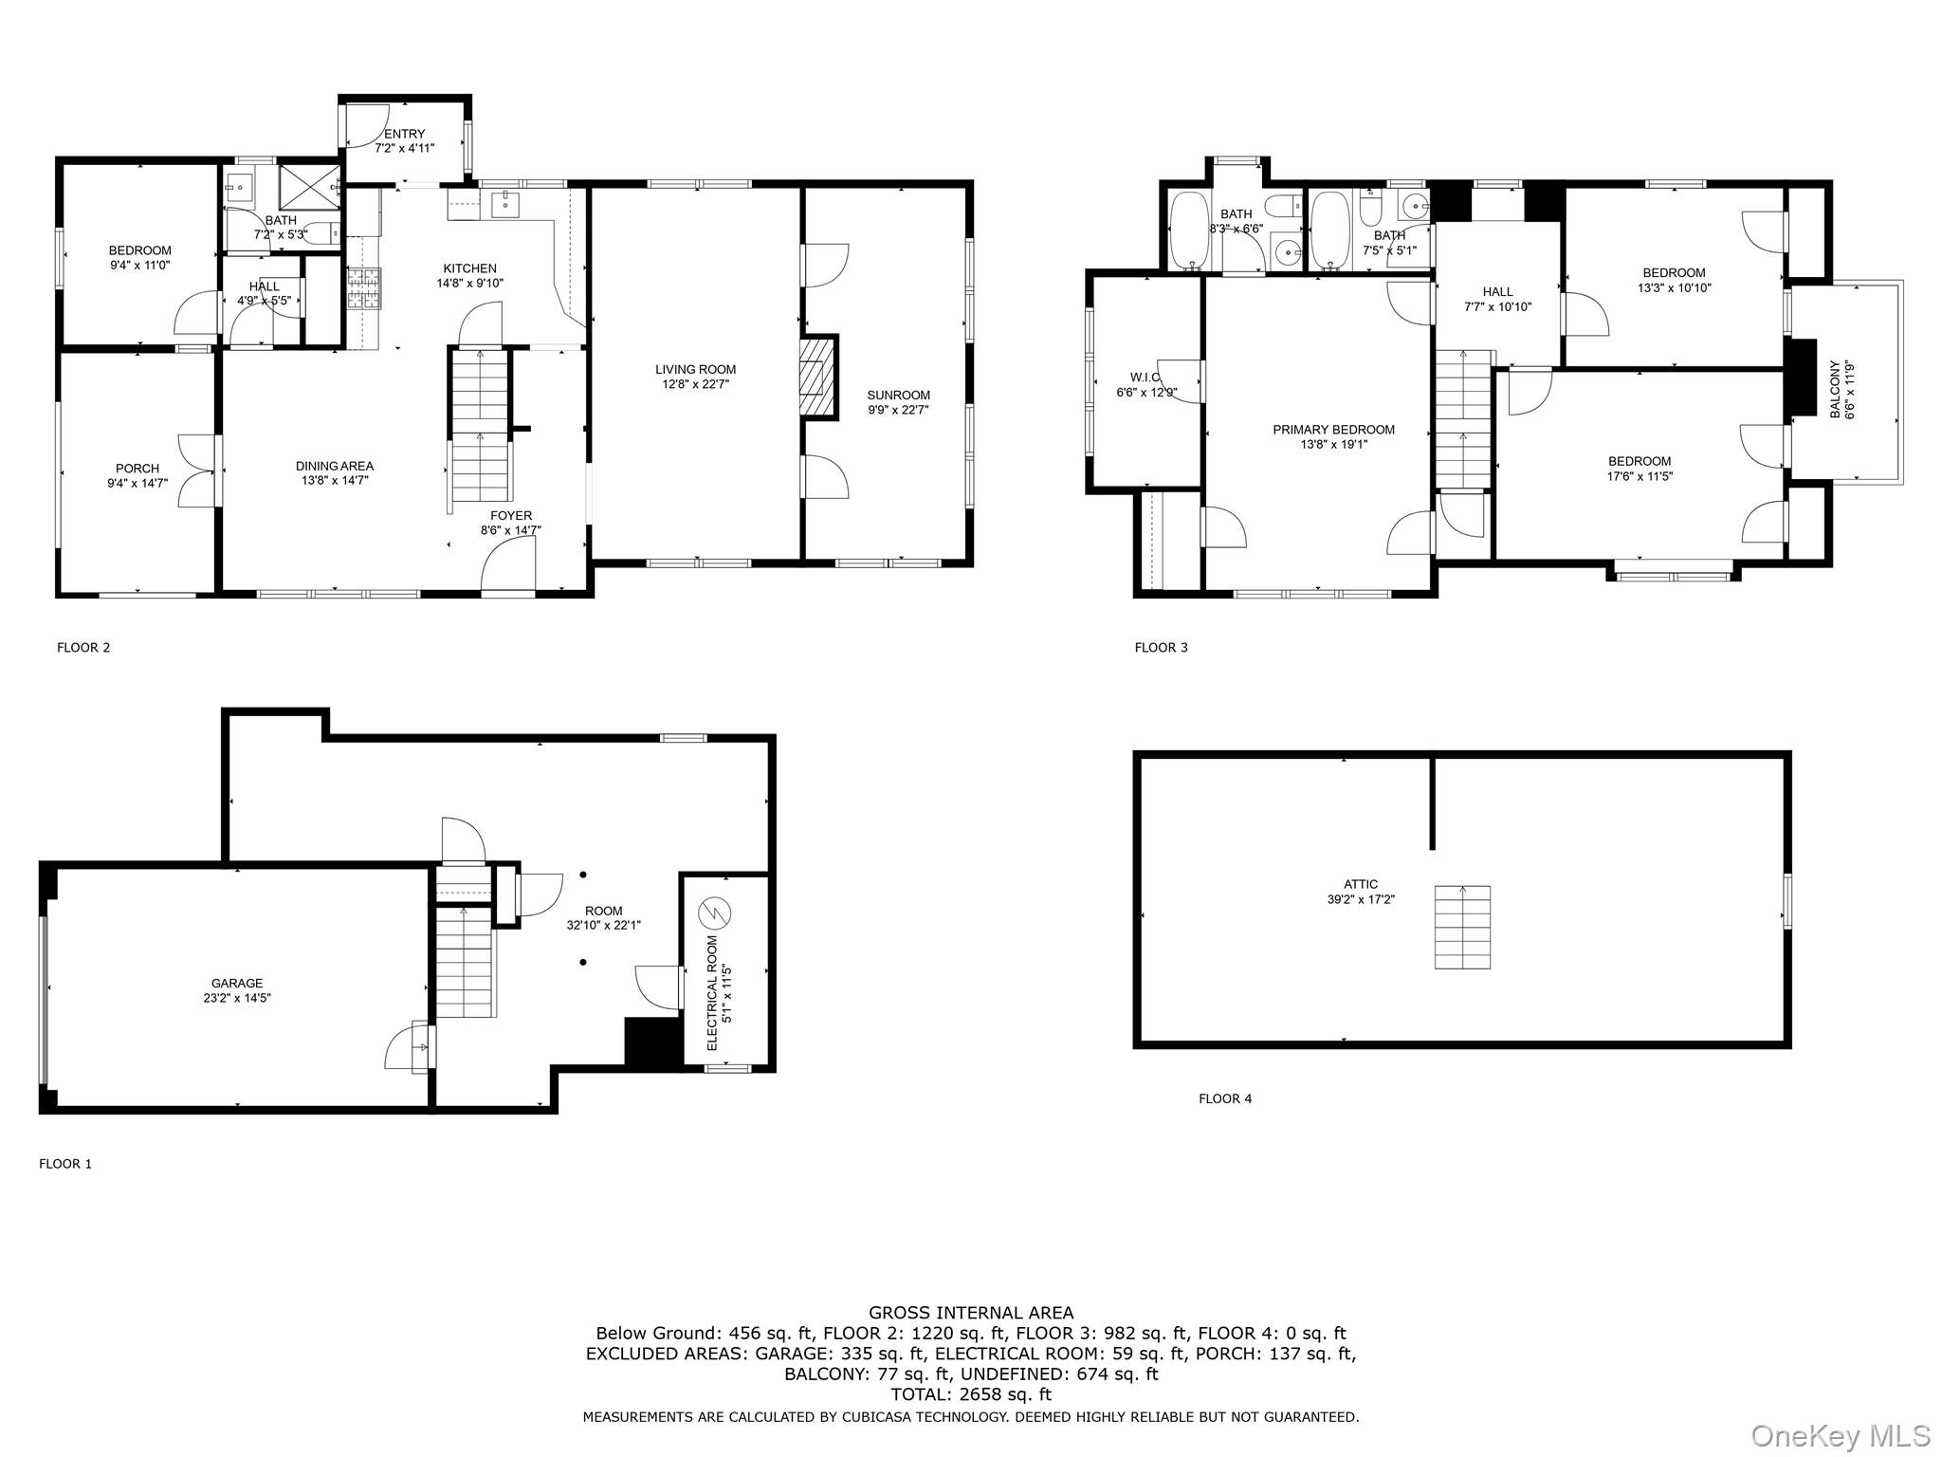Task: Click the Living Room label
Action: [x=695, y=369]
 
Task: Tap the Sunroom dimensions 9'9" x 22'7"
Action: [x=898, y=410]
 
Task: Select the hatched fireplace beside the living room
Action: [x=817, y=376]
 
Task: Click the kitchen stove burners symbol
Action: [x=363, y=288]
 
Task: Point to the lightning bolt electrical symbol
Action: [x=715, y=913]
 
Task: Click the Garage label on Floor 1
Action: [x=237, y=984]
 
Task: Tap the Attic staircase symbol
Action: [x=1461, y=927]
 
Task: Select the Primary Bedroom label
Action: [x=1333, y=430]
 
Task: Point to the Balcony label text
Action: [x=1834, y=389]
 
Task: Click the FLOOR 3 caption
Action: [x=1161, y=647]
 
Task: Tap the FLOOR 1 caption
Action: [x=65, y=1163]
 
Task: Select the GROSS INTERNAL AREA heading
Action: [x=971, y=1313]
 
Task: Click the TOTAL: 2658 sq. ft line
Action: [x=971, y=1394]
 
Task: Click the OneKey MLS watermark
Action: [x=1840, y=1435]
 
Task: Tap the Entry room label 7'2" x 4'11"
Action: [x=404, y=141]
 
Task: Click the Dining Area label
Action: [x=334, y=466]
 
